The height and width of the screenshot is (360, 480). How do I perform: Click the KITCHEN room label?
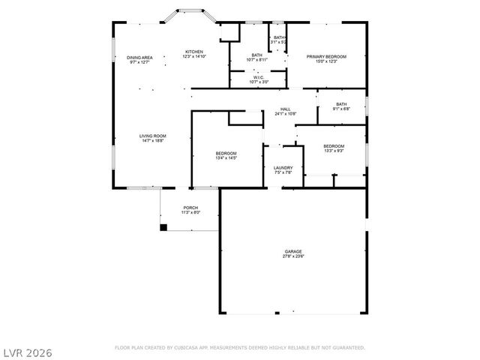pos(195,52)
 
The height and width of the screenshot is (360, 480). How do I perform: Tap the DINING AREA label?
pos(139,58)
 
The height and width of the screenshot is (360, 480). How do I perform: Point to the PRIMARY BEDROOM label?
pos(326,57)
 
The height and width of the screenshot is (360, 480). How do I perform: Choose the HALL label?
pos(285,109)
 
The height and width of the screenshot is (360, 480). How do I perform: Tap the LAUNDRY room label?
pos(283,168)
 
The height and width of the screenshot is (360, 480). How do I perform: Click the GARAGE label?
pos(293,251)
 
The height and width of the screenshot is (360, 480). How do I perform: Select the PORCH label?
pos(190,208)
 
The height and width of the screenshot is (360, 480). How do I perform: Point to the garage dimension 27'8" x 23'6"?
pos(293,256)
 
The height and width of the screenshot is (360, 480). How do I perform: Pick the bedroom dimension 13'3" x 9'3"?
pos(334,151)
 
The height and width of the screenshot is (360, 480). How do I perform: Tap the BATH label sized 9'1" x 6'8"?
pos(341,104)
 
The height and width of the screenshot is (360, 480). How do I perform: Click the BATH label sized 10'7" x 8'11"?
pos(257,55)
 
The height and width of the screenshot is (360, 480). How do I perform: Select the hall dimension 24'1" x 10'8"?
pos(285,114)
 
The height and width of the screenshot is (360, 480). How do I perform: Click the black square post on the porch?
pos(163,227)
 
